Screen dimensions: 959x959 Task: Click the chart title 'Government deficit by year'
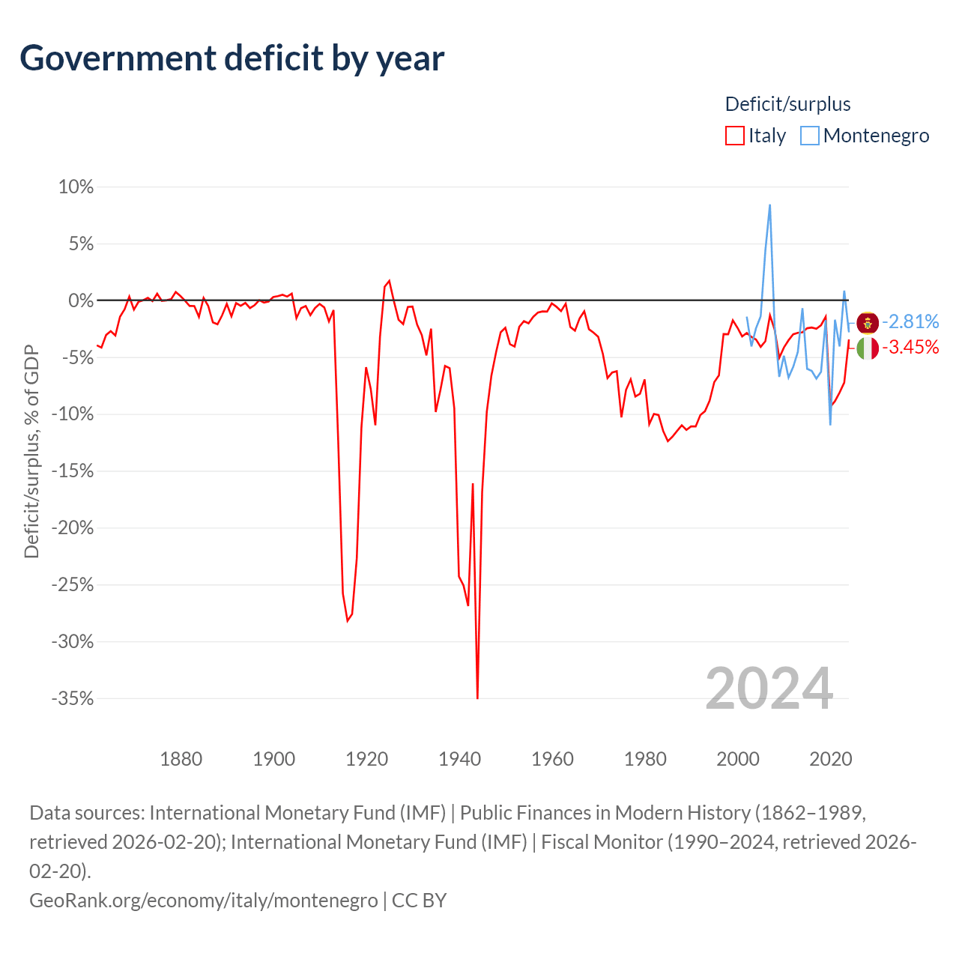click(232, 58)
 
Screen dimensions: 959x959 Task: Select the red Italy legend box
click(734, 136)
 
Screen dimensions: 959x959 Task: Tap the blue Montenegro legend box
click(810, 136)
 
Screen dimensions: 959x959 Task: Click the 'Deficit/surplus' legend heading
click(787, 104)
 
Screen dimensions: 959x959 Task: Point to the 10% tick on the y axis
click(76, 187)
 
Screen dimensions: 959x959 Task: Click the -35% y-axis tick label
click(73, 698)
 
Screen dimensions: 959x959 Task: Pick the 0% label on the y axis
click(81, 300)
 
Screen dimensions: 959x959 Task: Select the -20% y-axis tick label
click(73, 527)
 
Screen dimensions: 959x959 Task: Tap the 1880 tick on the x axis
click(181, 759)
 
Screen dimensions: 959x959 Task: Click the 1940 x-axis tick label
click(460, 759)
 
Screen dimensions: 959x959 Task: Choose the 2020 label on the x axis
click(831, 759)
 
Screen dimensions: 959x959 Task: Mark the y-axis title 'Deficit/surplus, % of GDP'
click(32, 451)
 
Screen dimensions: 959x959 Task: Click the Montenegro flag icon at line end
click(868, 323)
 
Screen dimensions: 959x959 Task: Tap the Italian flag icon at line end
click(868, 348)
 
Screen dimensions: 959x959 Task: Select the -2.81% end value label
click(911, 322)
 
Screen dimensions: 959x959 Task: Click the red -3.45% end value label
click(911, 347)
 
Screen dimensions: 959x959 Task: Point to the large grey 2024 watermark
click(769, 689)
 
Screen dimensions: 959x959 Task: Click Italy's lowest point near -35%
click(477, 698)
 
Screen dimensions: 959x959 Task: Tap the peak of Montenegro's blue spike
click(769, 205)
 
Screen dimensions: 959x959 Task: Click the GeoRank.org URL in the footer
click(204, 901)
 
